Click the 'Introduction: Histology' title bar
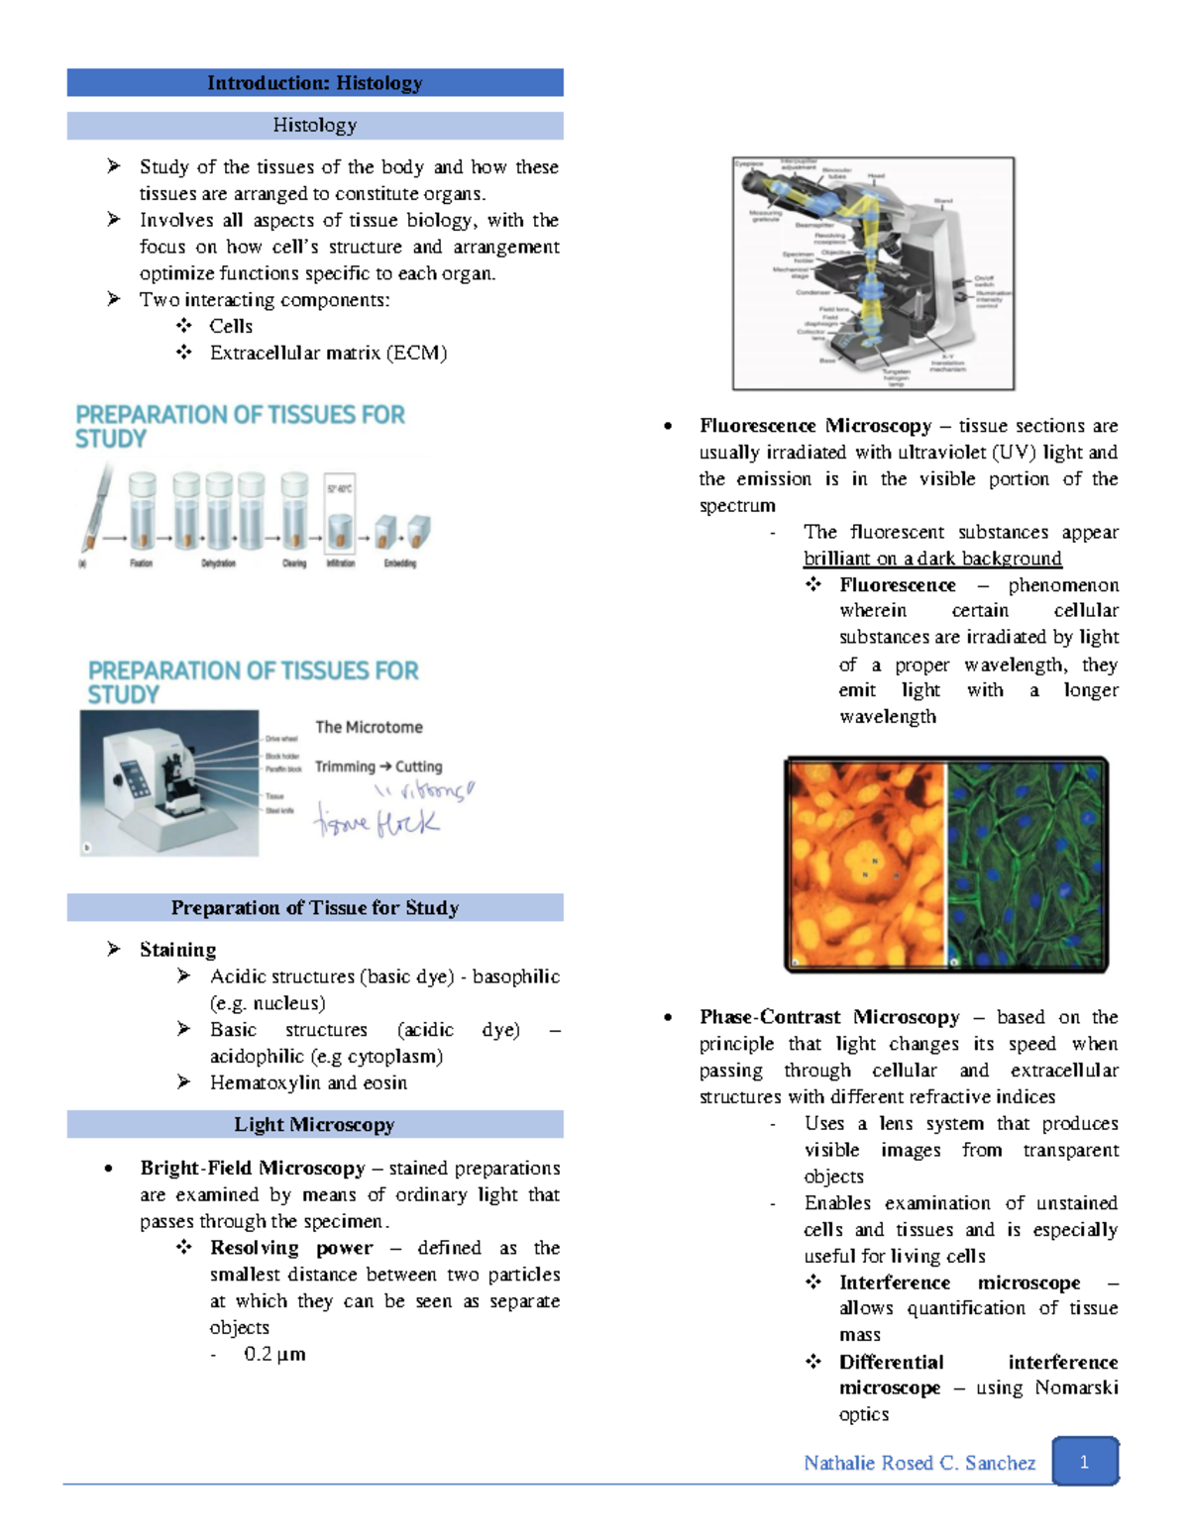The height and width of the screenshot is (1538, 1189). click(314, 83)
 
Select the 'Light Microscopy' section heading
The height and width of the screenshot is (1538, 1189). click(314, 1124)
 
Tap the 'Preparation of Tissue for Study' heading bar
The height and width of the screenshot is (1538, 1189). click(314, 907)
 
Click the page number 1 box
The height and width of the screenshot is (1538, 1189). click(1084, 1462)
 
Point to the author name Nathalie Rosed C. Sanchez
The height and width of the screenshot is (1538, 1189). click(919, 1463)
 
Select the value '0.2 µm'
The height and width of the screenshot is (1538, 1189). click(274, 1354)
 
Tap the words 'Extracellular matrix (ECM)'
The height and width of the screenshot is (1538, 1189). click(328, 353)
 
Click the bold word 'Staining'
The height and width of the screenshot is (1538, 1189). click(177, 950)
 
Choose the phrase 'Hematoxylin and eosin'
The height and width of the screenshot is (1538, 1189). click(308, 1082)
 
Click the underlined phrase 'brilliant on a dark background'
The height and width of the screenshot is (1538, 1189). click(932, 559)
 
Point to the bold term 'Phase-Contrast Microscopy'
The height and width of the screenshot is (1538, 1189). click(829, 1017)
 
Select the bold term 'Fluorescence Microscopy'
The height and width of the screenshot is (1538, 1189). click(815, 426)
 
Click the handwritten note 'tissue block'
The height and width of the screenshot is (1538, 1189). click(377, 822)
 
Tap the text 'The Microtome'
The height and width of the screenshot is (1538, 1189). click(369, 727)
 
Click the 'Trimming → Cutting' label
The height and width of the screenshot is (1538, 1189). click(378, 767)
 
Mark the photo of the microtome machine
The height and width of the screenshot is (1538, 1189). click(168, 782)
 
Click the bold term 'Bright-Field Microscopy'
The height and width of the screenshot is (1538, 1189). click(253, 1169)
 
